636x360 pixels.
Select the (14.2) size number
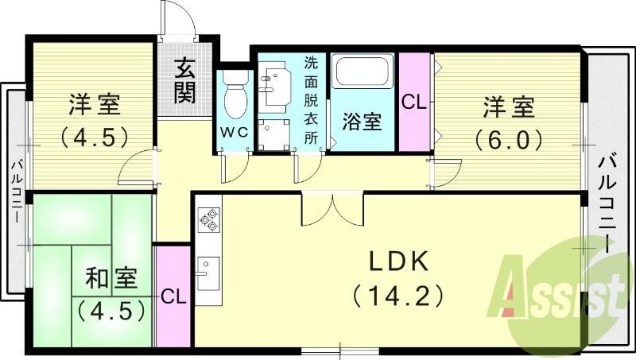click(x=396, y=296)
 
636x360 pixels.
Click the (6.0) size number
click(x=509, y=140)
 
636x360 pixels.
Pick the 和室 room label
click(x=111, y=279)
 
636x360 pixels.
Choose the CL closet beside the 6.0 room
click(x=413, y=101)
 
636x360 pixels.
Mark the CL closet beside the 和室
click(x=173, y=297)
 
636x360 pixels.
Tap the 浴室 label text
click(x=362, y=122)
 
